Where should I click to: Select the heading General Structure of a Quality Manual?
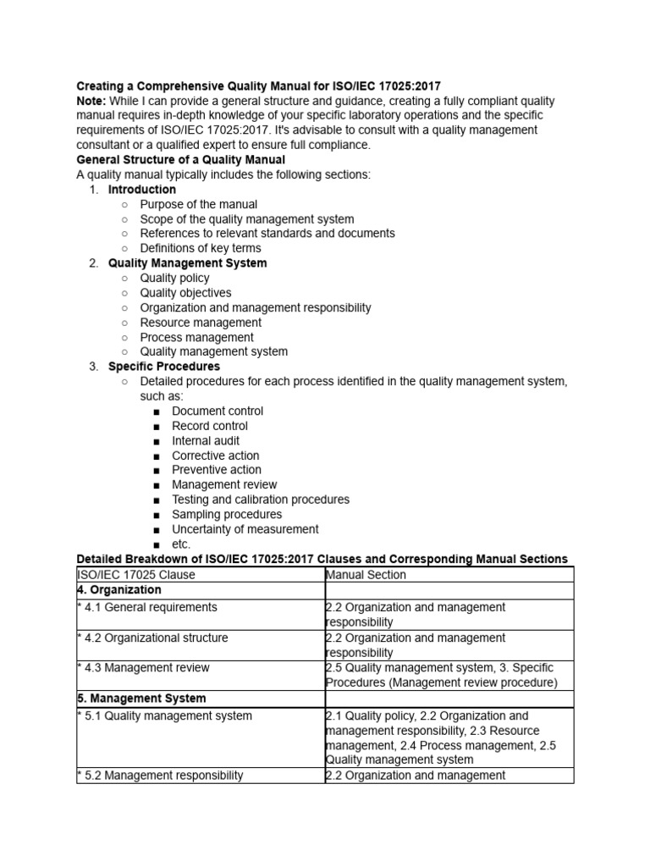point(181,160)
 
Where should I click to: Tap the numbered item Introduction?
point(141,190)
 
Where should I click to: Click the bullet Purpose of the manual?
point(198,204)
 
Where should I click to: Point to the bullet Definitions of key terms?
point(200,248)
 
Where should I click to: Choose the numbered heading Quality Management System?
point(187,263)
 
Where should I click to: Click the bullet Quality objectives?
point(185,293)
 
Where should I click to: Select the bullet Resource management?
point(201,323)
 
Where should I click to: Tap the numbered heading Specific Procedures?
point(163,367)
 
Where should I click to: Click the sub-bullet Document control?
point(217,411)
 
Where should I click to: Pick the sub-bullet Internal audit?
point(205,440)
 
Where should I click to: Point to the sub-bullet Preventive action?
point(216,470)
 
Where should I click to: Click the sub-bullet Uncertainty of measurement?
point(245,529)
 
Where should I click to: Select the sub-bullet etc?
point(181,544)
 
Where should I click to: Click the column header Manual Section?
point(366,575)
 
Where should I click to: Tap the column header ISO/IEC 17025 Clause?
point(136,575)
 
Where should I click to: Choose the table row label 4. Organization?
point(118,590)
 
